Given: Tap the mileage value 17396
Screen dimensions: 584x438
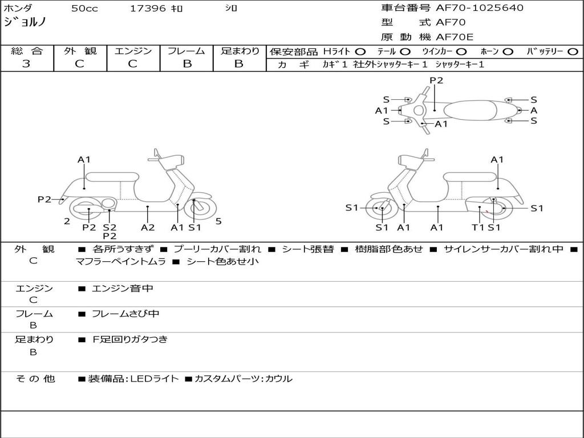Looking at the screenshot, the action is coord(148,9).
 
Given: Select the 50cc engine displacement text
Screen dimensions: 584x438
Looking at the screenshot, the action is coord(84,9).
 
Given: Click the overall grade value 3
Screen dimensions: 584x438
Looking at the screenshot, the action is coord(26,64).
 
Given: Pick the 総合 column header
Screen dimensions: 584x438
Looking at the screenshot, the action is coord(26,51).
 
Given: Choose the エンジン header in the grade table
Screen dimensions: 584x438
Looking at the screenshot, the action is coord(133,51).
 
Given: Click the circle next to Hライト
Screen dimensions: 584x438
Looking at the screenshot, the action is coord(360,52).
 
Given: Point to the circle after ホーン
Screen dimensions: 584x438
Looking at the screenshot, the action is coord(508,52).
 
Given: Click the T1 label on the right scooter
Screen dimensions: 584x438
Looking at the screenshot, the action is coord(478,228).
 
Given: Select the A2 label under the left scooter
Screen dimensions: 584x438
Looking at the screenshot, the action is coord(148,228).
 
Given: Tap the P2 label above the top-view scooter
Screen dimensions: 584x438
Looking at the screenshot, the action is coord(436,80).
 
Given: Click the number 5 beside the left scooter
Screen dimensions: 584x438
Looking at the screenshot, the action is coord(218,221).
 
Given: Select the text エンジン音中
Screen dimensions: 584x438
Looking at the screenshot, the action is coord(123,289).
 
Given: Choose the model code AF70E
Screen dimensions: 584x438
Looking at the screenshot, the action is coord(455,37).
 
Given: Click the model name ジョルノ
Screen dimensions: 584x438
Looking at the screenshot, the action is coord(25,22).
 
